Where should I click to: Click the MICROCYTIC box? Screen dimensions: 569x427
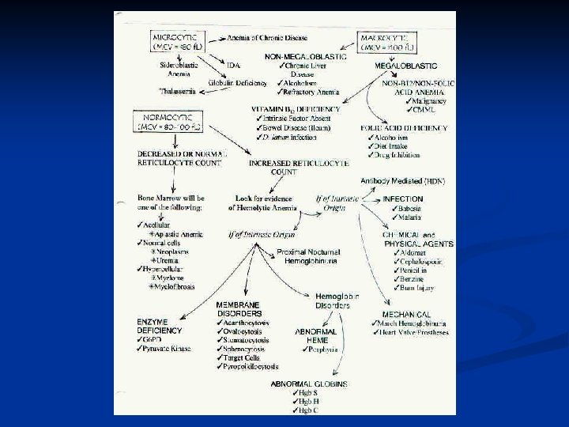pyautogui.click(x=179, y=42)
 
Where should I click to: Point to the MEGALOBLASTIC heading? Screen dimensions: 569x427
pyautogui.click(x=401, y=66)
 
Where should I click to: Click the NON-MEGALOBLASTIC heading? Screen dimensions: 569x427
pyautogui.click(x=303, y=57)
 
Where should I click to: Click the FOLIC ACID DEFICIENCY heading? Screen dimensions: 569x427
pyautogui.click(x=399, y=127)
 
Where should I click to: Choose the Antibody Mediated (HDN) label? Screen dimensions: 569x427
pyautogui.click(x=403, y=181)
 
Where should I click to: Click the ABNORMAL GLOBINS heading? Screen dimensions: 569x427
pyautogui.click(x=309, y=384)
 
